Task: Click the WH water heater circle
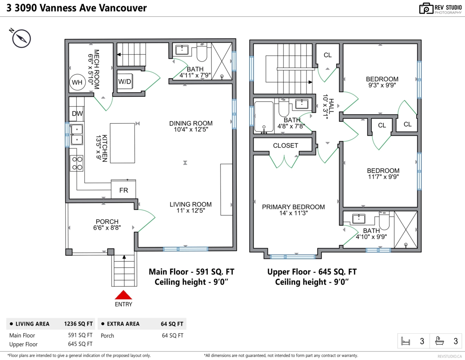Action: tap(77, 82)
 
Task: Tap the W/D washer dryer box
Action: tap(124, 82)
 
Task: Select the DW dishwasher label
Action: tap(77, 114)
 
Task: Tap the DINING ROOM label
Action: tap(191, 124)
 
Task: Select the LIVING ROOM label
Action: tap(191, 205)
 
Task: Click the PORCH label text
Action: tap(107, 222)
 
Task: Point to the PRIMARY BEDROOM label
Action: tap(293, 207)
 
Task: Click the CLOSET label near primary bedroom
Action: tap(286, 146)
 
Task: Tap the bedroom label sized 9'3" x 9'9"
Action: tap(382, 79)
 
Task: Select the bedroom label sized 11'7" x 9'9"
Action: tap(383, 171)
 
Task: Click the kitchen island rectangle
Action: tap(122, 143)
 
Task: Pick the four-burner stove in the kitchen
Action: tap(77, 163)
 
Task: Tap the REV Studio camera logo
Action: tap(426, 9)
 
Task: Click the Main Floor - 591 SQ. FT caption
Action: tap(191, 272)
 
